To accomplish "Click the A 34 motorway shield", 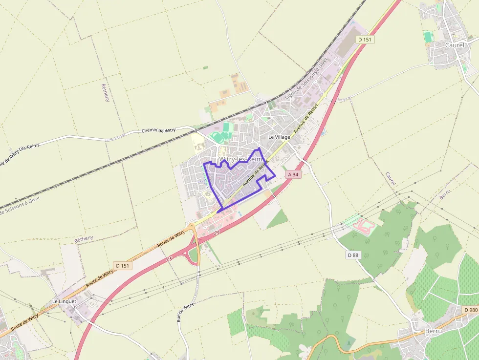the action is click(x=293, y=174).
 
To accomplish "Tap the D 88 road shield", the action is click(x=353, y=255).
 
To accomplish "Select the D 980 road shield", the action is click(x=470, y=310).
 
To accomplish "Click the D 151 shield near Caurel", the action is click(x=365, y=40).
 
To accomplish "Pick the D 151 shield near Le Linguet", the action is click(x=122, y=265).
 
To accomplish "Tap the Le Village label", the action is click(x=279, y=137).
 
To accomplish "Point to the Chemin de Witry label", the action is click(x=158, y=130).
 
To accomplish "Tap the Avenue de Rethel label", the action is click(x=305, y=119).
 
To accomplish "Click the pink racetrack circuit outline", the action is click(x=365, y=225).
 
